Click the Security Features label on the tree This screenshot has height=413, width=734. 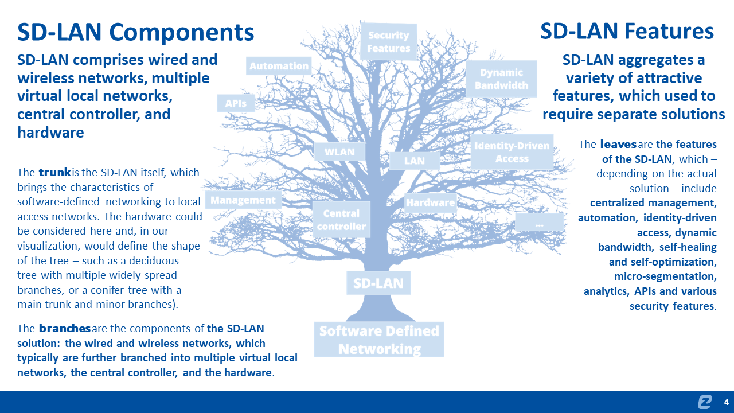tap(389, 42)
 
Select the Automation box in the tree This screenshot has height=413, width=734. tap(279, 66)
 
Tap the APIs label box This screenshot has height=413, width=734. tap(236, 103)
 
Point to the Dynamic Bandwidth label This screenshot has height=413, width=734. tap(501, 79)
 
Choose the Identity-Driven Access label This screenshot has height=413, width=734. tap(512, 152)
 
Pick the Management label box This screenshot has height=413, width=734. tap(243, 200)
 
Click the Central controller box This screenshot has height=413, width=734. tap(341, 220)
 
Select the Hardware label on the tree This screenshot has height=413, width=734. tap(431, 202)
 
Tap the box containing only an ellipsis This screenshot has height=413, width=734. tap(539, 223)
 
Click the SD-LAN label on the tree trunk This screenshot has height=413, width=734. tap(378, 283)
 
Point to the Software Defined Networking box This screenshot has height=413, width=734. tap(379, 340)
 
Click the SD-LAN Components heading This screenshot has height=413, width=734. tap(135, 32)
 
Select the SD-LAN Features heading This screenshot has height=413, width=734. tap(627, 31)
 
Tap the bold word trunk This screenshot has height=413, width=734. tap(55, 172)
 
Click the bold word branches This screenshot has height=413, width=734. tap(65, 329)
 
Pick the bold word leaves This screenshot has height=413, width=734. tap(618, 144)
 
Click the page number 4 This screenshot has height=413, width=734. tap(727, 402)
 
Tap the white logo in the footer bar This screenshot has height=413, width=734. tap(705, 402)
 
